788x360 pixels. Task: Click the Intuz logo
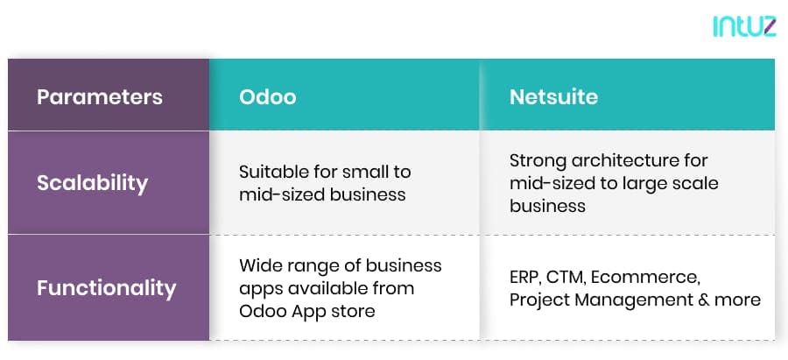click(744, 26)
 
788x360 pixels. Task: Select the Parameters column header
click(100, 96)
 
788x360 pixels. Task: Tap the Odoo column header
click(267, 96)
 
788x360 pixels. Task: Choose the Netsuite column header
click(554, 96)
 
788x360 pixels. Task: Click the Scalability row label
click(93, 183)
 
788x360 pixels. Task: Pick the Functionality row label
click(107, 288)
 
